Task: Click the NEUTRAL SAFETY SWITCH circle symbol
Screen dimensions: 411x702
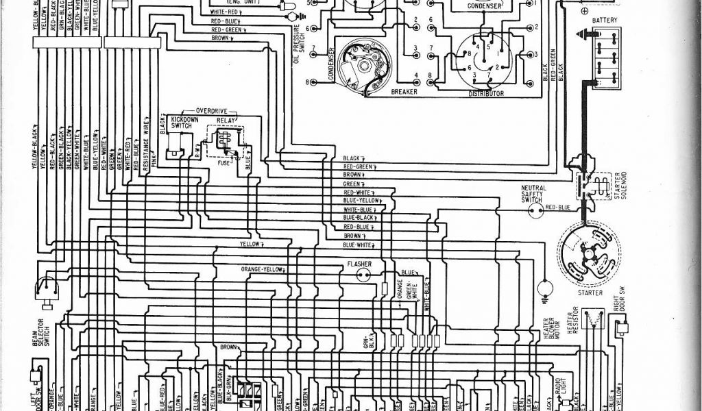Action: (533, 212)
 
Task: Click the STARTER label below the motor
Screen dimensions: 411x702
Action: (590, 292)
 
